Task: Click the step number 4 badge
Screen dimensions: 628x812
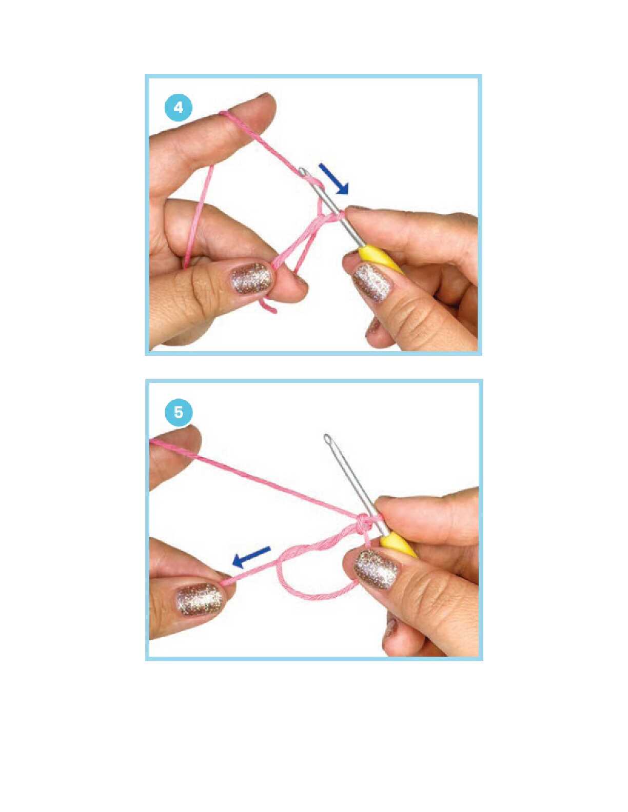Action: click(179, 108)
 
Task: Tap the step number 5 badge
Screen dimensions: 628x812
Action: click(179, 413)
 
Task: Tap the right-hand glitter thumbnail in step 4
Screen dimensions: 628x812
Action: click(370, 282)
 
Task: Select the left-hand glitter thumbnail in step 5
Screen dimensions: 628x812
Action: click(202, 602)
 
